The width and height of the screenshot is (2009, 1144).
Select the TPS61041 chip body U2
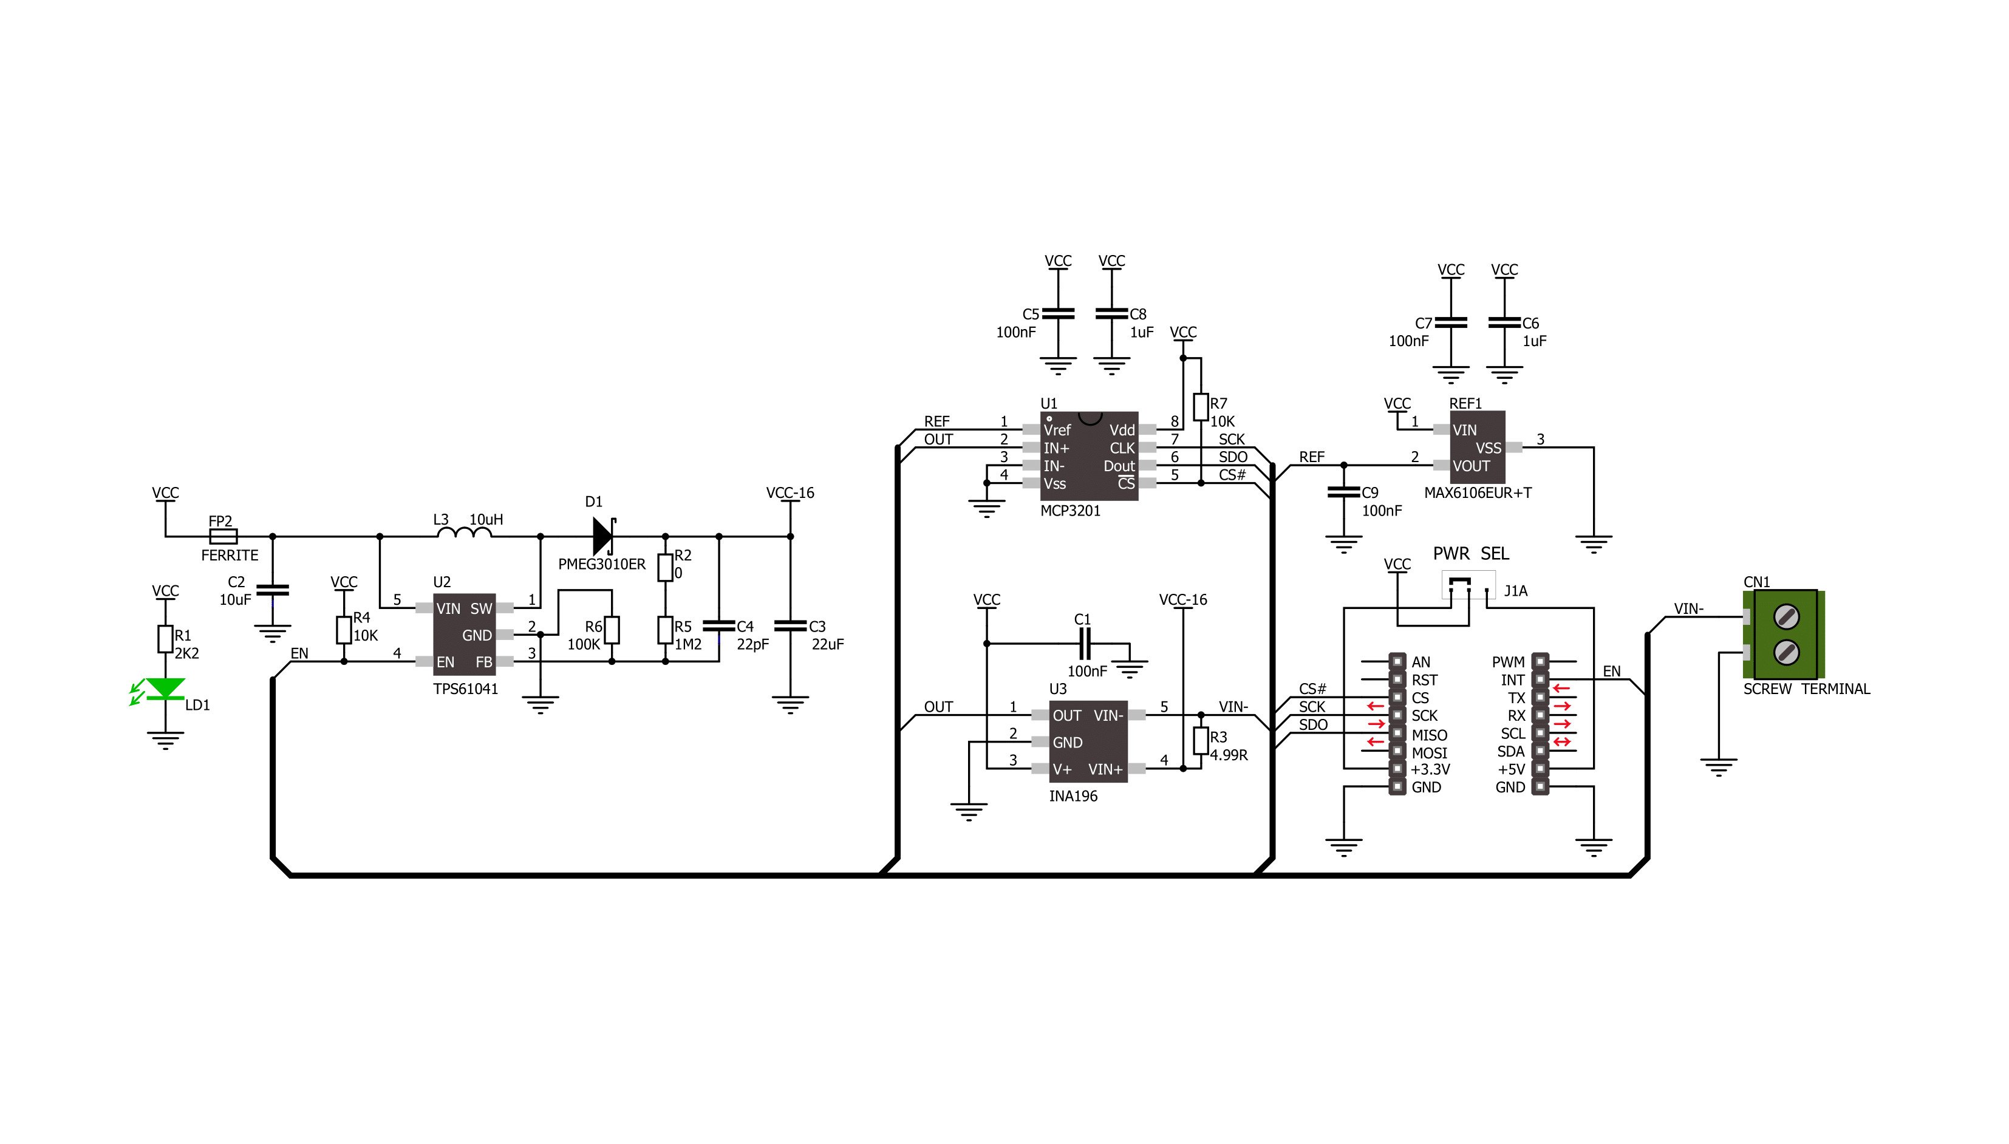[x=465, y=634]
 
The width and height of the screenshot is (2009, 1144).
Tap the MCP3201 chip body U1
[x=1089, y=455]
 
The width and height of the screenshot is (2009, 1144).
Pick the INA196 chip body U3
[x=1088, y=741]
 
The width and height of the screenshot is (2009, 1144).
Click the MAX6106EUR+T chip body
[x=1477, y=447]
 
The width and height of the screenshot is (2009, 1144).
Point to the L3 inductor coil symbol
[x=465, y=533]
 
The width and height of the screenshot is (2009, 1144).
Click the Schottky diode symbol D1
[x=604, y=536]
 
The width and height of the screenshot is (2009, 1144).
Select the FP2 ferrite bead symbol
[x=223, y=537]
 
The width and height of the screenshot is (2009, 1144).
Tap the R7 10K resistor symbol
[x=1201, y=407]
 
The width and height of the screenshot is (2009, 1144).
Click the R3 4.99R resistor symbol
[x=1201, y=741]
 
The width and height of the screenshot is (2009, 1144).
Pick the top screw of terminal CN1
[x=1787, y=617]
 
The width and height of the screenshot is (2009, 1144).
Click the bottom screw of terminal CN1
[x=1787, y=652]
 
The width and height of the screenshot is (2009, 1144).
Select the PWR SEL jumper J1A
[x=1468, y=585]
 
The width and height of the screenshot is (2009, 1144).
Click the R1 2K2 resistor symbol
[x=165, y=639]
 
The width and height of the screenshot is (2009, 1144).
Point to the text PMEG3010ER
[x=602, y=564]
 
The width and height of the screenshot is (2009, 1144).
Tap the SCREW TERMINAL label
[x=1806, y=689]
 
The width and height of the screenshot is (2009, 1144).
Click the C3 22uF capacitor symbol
[x=790, y=626]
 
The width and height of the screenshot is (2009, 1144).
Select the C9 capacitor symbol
[x=1343, y=492]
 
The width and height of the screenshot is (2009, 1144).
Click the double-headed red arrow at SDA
[x=1561, y=741]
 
